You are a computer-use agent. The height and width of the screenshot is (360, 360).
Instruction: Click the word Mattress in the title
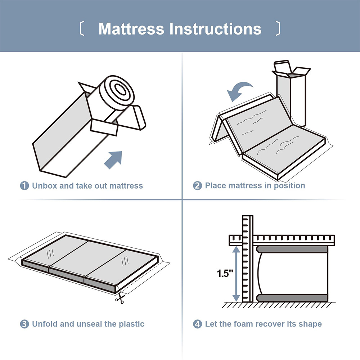point(131,29)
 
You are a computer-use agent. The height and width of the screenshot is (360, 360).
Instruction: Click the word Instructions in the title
point(215,29)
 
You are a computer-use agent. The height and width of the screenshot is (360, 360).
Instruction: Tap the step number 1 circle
point(24,186)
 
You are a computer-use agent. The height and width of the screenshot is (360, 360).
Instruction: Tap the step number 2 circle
point(197,186)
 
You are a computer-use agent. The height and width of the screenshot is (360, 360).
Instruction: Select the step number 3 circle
point(24,324)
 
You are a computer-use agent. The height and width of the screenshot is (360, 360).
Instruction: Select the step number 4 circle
point(197,324)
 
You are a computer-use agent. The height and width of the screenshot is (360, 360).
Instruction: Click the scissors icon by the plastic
point(120,298)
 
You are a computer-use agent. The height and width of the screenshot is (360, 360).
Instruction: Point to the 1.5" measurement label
point(225,273)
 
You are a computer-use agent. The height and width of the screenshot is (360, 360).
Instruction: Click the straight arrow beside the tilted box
point(113,160)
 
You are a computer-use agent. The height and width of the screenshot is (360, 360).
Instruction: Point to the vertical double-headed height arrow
point(236,274)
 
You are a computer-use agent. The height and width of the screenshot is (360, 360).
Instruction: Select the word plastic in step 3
point(131,324)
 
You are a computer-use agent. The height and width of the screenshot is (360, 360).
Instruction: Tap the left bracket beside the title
point(82,28)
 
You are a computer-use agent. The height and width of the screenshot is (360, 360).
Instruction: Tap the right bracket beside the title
point(278,28)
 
